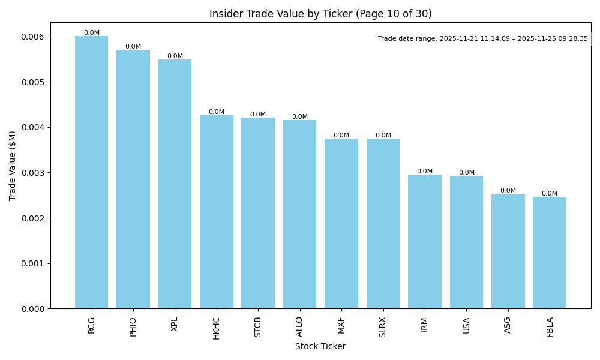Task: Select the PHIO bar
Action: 133,179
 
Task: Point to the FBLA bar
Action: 550,253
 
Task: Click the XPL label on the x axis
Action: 175,324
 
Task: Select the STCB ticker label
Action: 258,327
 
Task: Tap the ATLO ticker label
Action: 299,327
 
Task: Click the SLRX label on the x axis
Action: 383,327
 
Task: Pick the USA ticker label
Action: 466,325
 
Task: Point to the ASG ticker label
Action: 508,325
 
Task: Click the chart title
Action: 320,14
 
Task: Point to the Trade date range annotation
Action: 483,38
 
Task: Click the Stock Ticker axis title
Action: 320,346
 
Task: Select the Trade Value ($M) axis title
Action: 13,166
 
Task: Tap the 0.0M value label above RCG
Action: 92,33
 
